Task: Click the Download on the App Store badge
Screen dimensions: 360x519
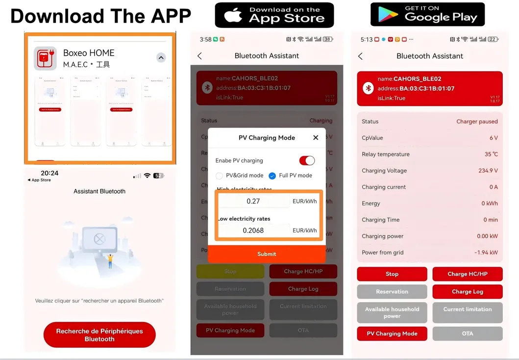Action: [274, 15]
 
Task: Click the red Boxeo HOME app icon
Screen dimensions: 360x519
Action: [45, 58]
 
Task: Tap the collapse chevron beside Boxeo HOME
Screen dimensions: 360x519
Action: [161, 57]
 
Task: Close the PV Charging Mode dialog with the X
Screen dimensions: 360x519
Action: [316, 138]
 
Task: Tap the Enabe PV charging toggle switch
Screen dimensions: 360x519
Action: [307, 160]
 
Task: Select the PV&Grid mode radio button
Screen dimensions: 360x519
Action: [219, 176]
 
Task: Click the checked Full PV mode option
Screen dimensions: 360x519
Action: [272, 176]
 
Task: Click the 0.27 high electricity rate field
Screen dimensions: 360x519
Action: [254, 201]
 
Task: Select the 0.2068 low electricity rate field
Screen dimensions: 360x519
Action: [254, 230]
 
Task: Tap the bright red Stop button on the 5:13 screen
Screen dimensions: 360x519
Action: [392, 274]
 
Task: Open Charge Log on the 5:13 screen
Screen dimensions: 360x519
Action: [467, 292]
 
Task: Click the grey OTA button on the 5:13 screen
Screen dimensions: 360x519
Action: [467, 334]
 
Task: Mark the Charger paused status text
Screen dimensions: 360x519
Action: [477, 122]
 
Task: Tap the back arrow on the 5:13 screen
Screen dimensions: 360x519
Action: [360, 56]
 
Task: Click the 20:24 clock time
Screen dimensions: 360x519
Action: [49, 173]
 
